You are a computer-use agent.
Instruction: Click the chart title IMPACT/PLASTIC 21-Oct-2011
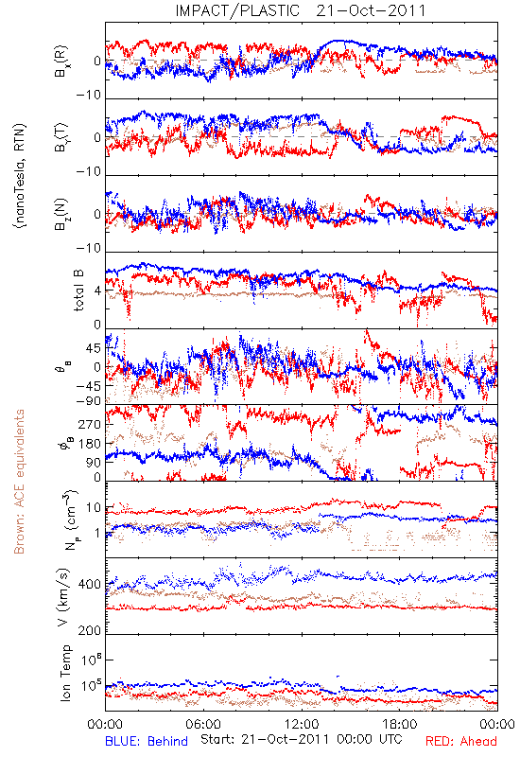pos(301,10)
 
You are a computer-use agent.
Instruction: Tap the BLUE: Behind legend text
pos(147,742)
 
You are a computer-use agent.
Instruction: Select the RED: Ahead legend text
pos(461,742)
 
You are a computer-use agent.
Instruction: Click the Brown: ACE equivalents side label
pos(19,482)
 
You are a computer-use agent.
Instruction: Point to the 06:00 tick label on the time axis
pos(203,725)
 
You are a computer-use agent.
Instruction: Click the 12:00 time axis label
pos(302,725)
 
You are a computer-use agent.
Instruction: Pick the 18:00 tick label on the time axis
pos(400,725)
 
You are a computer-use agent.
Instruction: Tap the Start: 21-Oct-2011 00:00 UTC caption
pos(302,739)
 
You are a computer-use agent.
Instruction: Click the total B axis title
pos(78,290)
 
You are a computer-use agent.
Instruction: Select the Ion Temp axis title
pos(66,673)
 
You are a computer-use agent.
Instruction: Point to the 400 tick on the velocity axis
pos(90,585)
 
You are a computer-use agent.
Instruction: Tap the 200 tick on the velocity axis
pos(90,630)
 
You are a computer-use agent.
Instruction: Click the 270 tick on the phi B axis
pos(90,424)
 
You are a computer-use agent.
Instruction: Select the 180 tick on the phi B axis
pos(90,444)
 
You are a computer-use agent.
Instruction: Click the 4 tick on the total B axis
pos(98,291)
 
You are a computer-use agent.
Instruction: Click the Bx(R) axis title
pos(61,62)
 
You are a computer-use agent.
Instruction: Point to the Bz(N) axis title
pos(61,214)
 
